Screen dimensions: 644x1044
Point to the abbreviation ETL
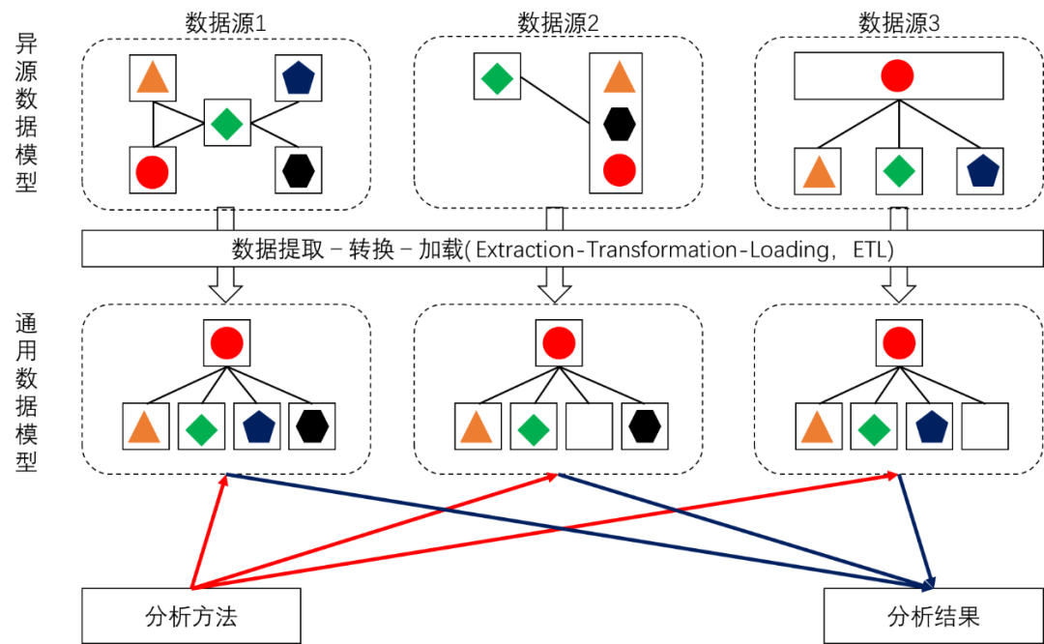873,249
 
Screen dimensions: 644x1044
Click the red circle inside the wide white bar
897,76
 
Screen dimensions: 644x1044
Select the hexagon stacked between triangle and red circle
619,124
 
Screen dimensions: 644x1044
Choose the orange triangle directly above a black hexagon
619,76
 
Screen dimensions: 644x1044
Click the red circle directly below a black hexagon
619,170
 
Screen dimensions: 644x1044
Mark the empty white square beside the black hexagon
589,426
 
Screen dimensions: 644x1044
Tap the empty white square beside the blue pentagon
984,426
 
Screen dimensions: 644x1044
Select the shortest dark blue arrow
916,530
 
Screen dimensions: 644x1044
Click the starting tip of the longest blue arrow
228,475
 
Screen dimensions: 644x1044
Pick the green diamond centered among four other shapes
227,123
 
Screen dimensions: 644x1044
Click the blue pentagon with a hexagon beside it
256,426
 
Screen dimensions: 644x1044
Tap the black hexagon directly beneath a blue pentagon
298,170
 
